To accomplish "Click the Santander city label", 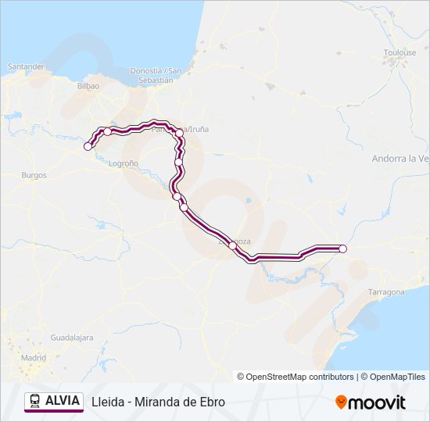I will click(26, 66).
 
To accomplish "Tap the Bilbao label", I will click(88, 86).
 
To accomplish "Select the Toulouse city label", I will click(400, 52).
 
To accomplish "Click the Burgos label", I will click(34, 175).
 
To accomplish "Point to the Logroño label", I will click(124, 163).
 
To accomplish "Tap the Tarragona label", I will click(386, 291).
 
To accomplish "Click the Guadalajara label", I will click(72, 338).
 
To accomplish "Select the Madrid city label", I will click(33, 357).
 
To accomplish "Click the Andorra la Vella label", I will click(401, 158).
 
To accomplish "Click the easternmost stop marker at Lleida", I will click(342, 249).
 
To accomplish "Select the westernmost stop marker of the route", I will click(88, 146).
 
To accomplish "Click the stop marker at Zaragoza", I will click(232, 245).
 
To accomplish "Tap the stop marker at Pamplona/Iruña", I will click(179, 134).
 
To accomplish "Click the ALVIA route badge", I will click(54, 401).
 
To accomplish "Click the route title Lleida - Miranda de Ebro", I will click(158, 402).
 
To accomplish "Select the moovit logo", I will click(371, 402).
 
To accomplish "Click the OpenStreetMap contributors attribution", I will click(296, 377).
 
